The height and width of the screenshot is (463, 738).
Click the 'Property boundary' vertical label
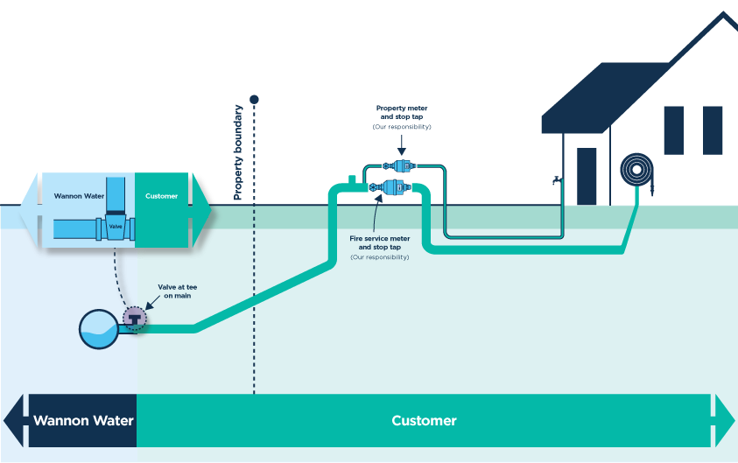238,152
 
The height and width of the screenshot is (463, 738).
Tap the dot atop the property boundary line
254,99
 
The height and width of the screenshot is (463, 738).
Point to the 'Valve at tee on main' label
178,291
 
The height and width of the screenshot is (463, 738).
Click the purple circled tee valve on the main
135,319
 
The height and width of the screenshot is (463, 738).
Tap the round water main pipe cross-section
99,329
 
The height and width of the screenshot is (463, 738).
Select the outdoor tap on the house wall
558,180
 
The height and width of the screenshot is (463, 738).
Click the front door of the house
587,177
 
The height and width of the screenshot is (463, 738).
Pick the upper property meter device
399,165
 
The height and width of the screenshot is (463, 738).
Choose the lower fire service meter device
390,187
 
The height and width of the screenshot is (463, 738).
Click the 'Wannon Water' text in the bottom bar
83,420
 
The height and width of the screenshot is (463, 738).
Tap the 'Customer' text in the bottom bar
424,420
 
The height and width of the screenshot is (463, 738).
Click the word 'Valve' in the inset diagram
116,227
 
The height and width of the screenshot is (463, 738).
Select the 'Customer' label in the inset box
161,196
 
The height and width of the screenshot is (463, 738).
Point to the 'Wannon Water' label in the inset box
79,196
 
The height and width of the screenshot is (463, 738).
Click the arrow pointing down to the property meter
402,145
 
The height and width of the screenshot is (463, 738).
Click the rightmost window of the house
712,130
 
